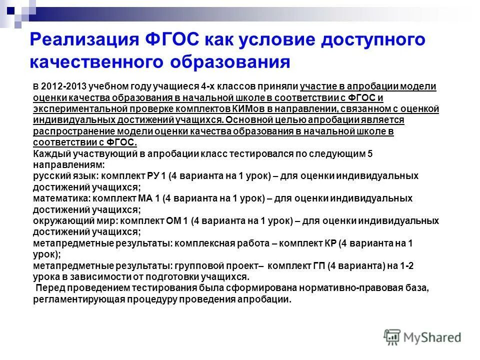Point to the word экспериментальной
tap(70, 108)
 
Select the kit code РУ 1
tap(156, 176)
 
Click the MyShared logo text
tap(430, 337)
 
